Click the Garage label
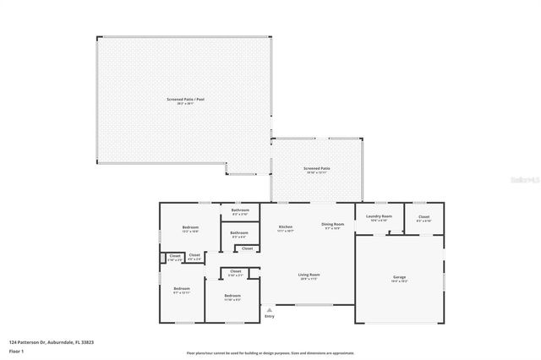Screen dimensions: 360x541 pos(399,277)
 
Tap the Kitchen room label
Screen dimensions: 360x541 pos(286,226)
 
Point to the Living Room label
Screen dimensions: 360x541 pos(309,275)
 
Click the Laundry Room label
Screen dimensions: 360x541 pos(380,216)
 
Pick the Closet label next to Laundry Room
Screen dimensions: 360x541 pos(424,216)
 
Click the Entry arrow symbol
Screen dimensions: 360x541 pos(270,310)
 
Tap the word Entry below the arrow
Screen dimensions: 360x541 pos(270,317)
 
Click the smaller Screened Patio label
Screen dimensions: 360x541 pos(317,168)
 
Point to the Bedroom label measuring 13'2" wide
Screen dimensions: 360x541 pos(190,227)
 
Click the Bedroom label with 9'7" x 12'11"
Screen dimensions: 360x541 pos(182,289)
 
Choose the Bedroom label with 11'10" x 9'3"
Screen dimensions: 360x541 pos(232,297)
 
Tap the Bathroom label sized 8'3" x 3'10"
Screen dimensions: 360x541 pos(240,211)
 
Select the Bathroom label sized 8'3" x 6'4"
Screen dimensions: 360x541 pos(240,232)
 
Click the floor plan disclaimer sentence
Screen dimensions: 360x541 pos(270,352)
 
